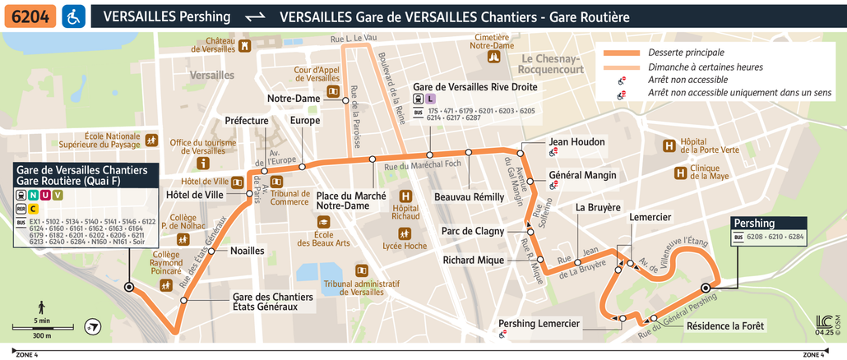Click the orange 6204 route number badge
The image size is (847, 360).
[x=30, y=16]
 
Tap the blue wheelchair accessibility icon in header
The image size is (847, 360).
[x=72, y=16]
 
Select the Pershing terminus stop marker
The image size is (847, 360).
[x=705, y=287]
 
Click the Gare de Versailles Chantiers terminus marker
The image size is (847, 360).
[x=128, y=287]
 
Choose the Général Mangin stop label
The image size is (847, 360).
[x=582, y=175]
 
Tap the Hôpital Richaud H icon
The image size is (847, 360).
[x=405, y=196]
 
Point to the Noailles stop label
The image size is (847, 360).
[x=247, y=251]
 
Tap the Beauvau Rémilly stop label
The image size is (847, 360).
[x=469, y=198]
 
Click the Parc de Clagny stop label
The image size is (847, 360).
[x=472, y=231]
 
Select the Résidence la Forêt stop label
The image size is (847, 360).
[x=724, y=326]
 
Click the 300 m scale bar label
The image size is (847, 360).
[x=41, y=335]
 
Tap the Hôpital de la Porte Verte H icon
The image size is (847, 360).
[x=669, y=145]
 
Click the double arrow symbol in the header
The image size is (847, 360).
[x=256, y=16]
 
